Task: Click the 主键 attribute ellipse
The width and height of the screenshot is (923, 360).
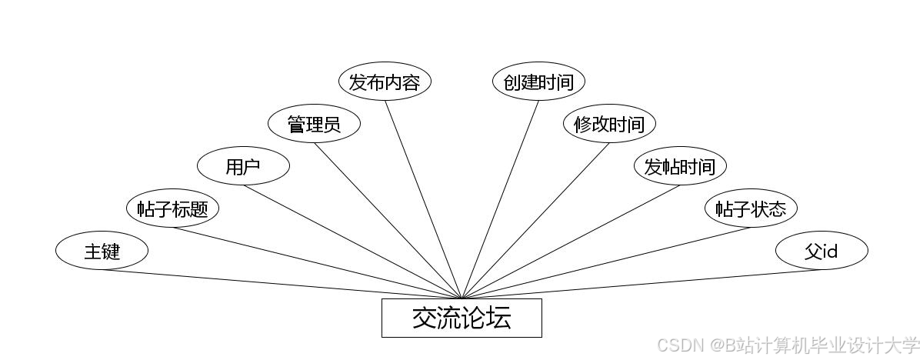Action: (102, 251)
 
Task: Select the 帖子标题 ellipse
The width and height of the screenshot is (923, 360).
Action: (172, 208)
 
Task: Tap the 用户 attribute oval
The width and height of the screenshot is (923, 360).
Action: (243, 166)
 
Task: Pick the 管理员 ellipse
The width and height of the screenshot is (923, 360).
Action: (314, 124)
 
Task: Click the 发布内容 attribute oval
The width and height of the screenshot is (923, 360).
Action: (385, 82)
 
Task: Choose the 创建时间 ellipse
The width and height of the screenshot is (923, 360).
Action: (538, 82)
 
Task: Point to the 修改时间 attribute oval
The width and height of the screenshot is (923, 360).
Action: (609, 124)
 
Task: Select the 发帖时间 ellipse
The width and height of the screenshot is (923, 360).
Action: (680, 166)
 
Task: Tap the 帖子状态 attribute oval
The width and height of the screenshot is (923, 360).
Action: (751, 208)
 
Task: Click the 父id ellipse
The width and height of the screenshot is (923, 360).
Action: (821, 251)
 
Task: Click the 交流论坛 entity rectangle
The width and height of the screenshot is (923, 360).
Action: (461, 318)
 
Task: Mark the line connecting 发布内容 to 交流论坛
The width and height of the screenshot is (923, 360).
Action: (423, 199)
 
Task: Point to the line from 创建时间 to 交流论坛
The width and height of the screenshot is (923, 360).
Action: (500, 199)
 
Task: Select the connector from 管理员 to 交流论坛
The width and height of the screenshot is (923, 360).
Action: (388, 221)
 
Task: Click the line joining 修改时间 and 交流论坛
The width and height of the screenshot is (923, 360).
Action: (535, 221)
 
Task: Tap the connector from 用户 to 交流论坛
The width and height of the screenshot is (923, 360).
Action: (352, 242)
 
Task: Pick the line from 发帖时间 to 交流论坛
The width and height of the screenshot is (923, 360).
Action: (571, 242)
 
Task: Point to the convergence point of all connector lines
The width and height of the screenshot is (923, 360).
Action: (461, 298)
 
